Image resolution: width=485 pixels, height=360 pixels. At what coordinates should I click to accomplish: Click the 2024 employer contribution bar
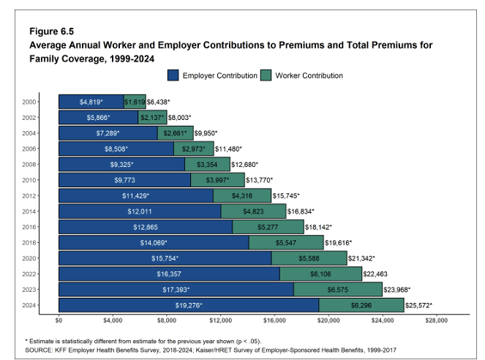point(189,305)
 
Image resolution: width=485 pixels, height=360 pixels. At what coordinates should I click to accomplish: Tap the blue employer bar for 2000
point(91,102)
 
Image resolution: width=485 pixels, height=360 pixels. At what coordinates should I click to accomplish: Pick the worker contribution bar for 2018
point(286,242)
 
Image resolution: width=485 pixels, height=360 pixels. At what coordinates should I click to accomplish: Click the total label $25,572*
point(418,305)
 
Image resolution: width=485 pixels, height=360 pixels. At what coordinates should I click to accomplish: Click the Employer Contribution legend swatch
point(173,75)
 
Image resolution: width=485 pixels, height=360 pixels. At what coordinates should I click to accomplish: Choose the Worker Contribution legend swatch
point(266,75)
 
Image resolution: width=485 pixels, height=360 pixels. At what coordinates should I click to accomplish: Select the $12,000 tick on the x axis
point(220,320)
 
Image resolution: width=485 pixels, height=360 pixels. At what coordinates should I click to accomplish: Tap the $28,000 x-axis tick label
point(436,320)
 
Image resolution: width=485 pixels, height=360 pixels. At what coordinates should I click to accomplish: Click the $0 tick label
point(59,320)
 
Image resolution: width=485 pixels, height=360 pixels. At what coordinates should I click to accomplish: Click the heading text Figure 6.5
point(52,31)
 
